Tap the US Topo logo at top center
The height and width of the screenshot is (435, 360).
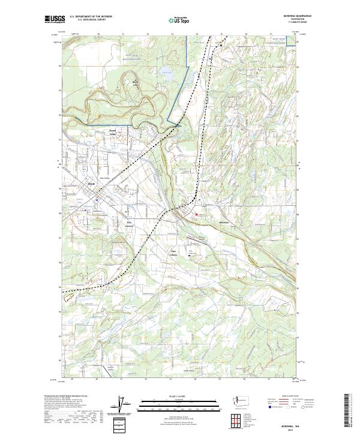pyautogui.click(x=178, y=20)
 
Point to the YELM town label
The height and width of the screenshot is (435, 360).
pyautogui.click(x=92, y=184)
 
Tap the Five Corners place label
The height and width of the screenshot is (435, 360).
pyautogui.click(x=128, y=223)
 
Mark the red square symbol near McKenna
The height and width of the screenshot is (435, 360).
pyautogui.click(x=195, y=214)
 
